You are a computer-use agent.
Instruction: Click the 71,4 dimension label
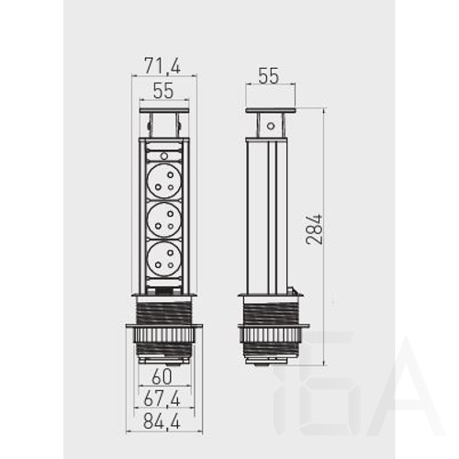(162, 66)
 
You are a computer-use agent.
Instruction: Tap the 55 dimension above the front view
(163, 91)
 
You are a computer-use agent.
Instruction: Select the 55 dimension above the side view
(269, 76)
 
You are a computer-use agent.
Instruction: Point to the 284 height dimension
(315, 229)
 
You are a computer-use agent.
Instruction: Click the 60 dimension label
(162, 377)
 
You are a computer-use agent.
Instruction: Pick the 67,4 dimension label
(162, 398)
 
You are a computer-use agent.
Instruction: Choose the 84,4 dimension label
(162, 420)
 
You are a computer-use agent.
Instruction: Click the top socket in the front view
(164, 181)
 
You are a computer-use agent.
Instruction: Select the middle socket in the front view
(164, 219)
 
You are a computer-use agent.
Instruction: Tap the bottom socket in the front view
(164, 259)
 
